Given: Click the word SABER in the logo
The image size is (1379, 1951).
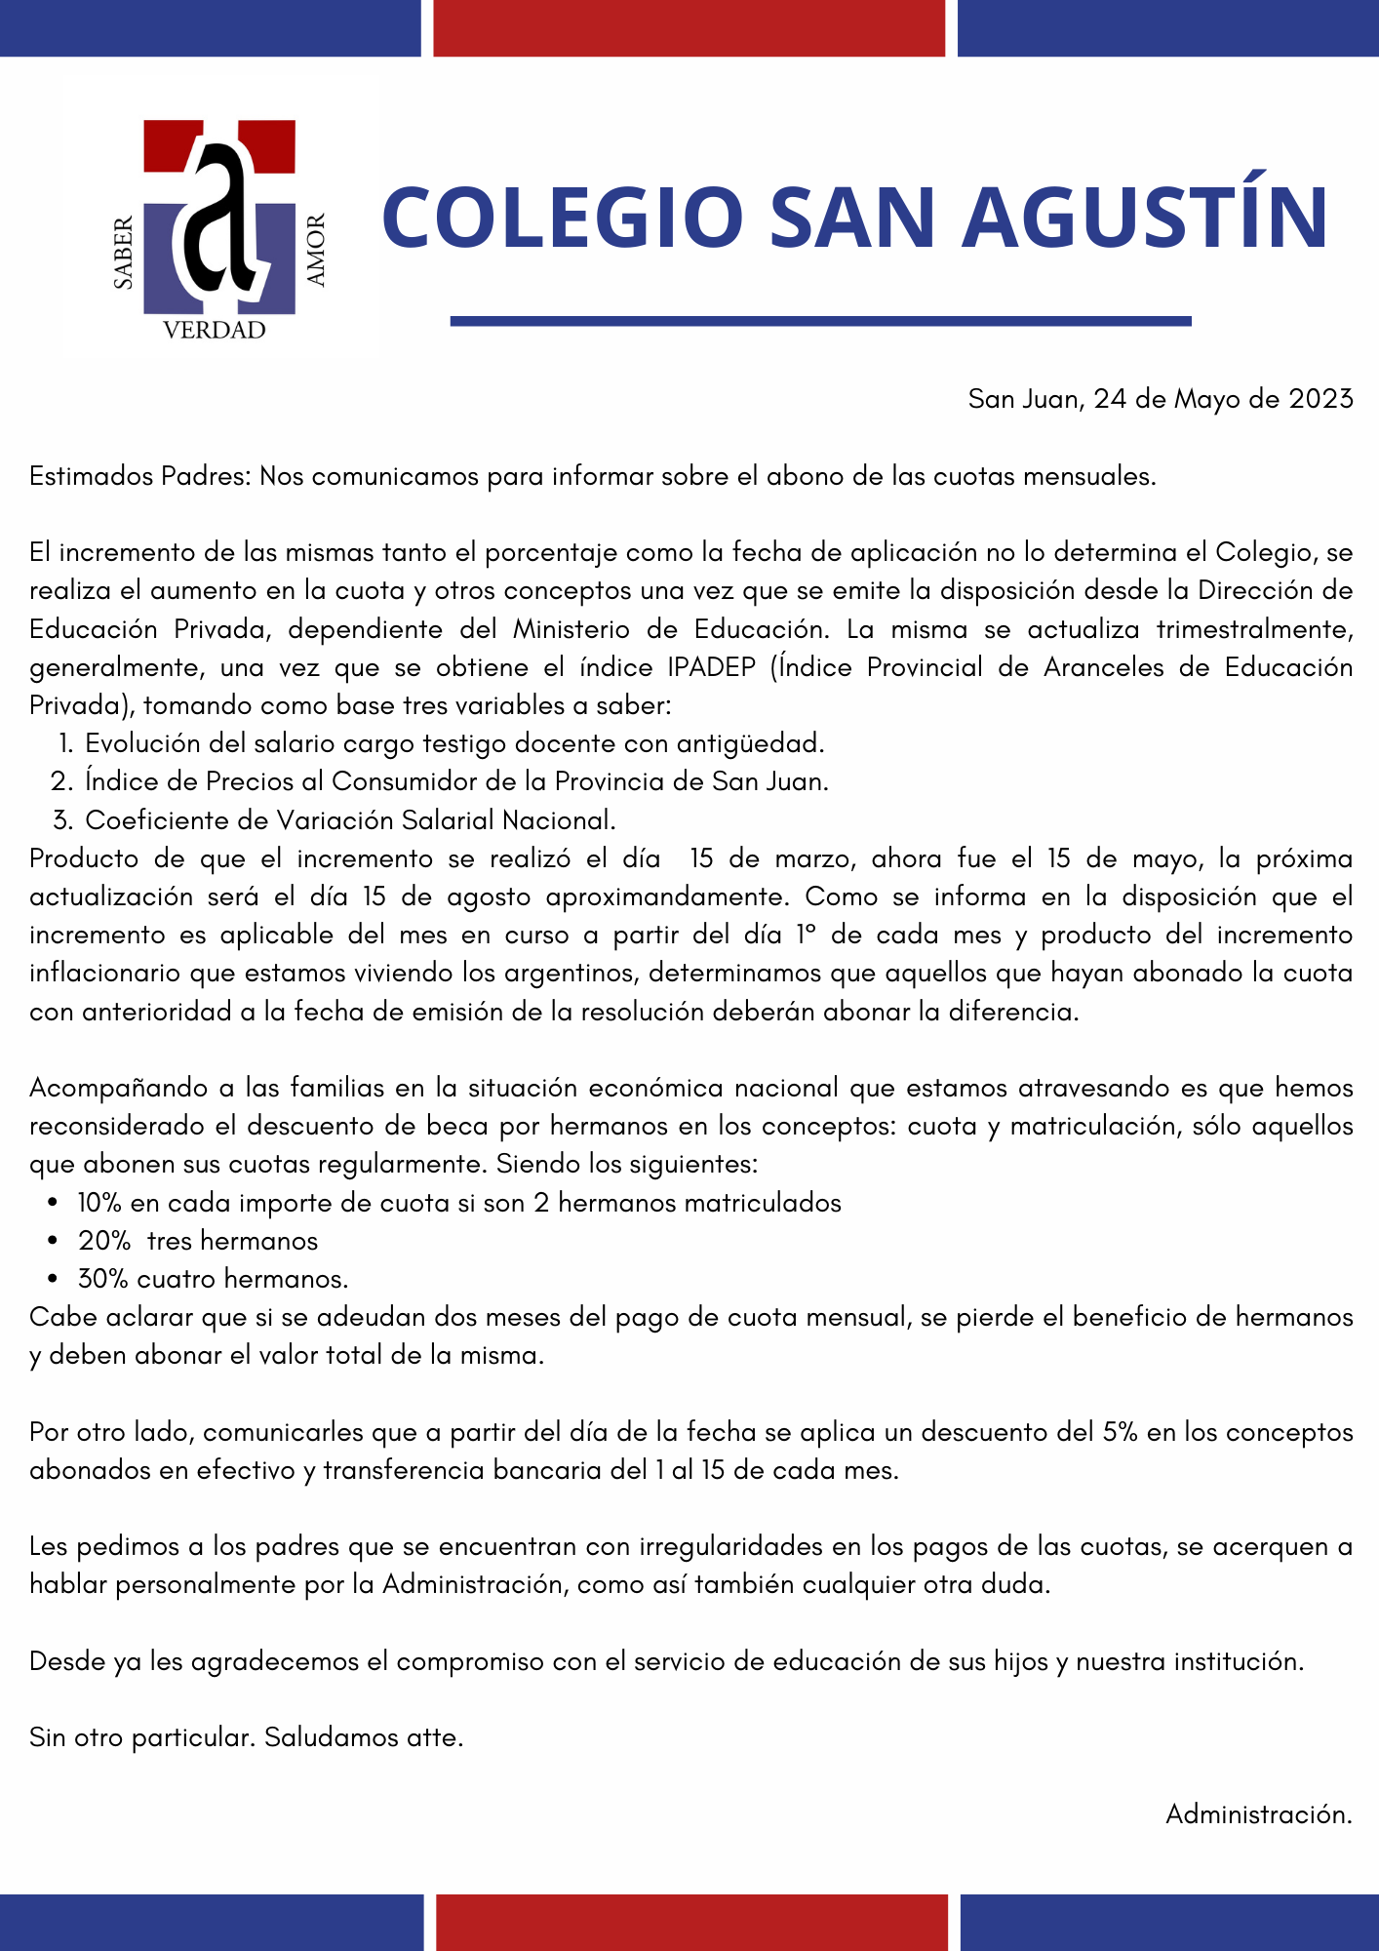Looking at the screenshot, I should [x=124, y=254].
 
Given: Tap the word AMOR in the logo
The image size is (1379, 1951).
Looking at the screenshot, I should [x=316, y=251].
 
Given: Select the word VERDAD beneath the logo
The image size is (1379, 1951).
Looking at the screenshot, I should [x=215, y=331].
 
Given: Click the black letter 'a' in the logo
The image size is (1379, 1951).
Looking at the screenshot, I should [x=219, y=219].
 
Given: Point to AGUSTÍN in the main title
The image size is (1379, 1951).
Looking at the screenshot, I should [x=1146, y=217].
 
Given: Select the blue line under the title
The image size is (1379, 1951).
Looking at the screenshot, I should [x=820, y=321].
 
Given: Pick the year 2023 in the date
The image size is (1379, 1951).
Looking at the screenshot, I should [x=1320, y=399].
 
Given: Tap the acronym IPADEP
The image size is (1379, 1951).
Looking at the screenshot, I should [x=712, y=667].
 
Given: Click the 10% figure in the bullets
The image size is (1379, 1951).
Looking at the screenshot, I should [x=99, y=1203].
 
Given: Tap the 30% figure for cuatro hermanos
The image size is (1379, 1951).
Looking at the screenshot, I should [x=102, y=1279].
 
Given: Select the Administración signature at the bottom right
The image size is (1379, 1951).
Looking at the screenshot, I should [x=1258, y=1814].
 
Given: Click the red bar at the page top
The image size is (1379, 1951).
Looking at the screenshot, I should [x=689, y=27].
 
